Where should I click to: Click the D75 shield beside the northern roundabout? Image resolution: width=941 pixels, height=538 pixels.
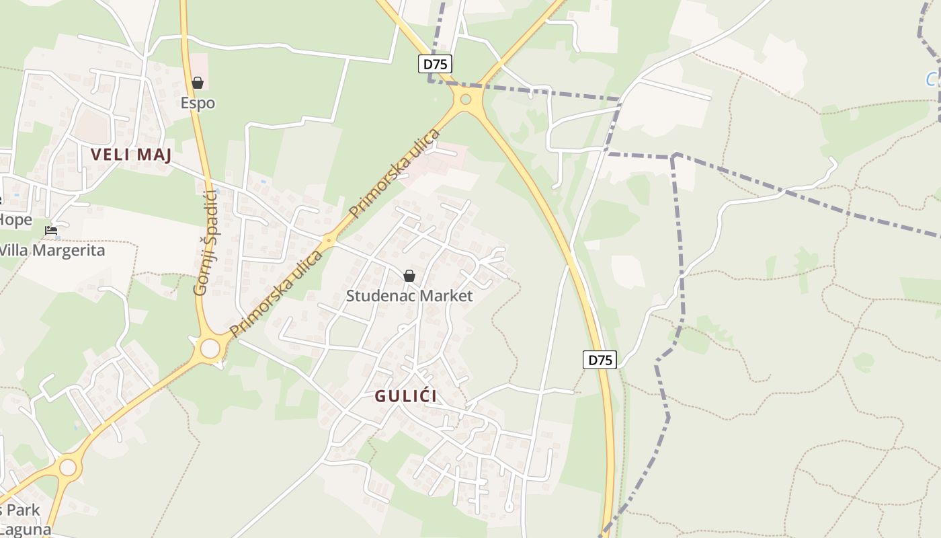(x=436, y=64)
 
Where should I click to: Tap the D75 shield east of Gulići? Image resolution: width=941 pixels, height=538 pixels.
(x=600, y=360)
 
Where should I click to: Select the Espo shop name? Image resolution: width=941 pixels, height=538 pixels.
(x=198, y=103)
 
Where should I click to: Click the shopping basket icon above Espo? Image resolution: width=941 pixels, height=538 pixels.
(x=198, y=83)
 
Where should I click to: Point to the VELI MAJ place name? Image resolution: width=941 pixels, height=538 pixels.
(x=131, y=155)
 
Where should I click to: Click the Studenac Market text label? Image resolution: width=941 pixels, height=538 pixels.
(x=409, y=296)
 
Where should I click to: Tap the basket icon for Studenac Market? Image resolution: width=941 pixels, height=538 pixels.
(x=409, y=276)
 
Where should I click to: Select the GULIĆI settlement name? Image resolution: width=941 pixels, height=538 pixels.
(x=406, y=396)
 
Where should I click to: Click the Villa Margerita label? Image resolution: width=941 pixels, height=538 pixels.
(x=52, y=250)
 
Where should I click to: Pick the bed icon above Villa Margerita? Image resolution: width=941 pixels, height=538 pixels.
(x=51, y=231)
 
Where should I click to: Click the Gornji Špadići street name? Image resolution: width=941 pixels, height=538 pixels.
(x=205, y=243)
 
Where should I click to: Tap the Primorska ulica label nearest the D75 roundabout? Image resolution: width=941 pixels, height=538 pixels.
(x=395, y=173)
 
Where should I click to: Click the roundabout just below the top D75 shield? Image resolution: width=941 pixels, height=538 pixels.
(x=465, y=100)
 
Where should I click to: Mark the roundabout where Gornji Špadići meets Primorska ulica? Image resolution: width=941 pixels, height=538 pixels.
(x=210, y=348)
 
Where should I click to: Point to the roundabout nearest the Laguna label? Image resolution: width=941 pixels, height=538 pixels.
(x=68, y=467)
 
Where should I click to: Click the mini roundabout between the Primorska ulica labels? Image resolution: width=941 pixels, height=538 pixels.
(x=329, y=240)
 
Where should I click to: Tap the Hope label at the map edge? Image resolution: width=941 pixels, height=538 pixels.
(x=15, y=220)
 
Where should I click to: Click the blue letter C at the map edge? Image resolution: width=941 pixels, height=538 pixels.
(x=932, y=80)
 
